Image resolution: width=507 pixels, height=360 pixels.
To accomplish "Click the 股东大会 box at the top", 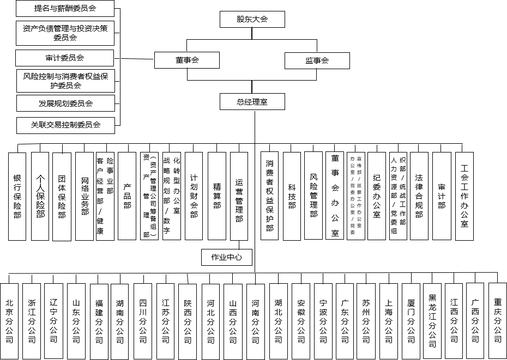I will coord(252,19).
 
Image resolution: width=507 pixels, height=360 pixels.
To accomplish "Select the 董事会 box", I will coord(186,60).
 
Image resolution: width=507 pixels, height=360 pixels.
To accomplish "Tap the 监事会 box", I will coord(317,60).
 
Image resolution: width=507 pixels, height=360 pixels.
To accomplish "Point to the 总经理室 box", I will coord(252,102).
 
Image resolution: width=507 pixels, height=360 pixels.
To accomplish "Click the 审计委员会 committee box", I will coord(65,58).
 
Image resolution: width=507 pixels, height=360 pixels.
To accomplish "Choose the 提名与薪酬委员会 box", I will coord(65,9).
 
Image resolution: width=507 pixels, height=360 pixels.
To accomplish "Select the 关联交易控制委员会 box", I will coord(65,125).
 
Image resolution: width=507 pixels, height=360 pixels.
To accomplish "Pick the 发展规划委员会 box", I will coord(65,103).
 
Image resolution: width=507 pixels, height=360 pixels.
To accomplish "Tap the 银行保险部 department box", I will coord(17,196).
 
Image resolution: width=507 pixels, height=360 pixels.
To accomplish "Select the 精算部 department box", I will coord(217,196).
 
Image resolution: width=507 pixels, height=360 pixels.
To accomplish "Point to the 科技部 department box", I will coord(292,196).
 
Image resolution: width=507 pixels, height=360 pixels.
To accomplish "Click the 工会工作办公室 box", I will coord(464,196).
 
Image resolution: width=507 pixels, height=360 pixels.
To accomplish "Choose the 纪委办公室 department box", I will coord(377,196).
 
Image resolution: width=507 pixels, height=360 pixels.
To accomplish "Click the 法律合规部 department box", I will coord(419,196).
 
